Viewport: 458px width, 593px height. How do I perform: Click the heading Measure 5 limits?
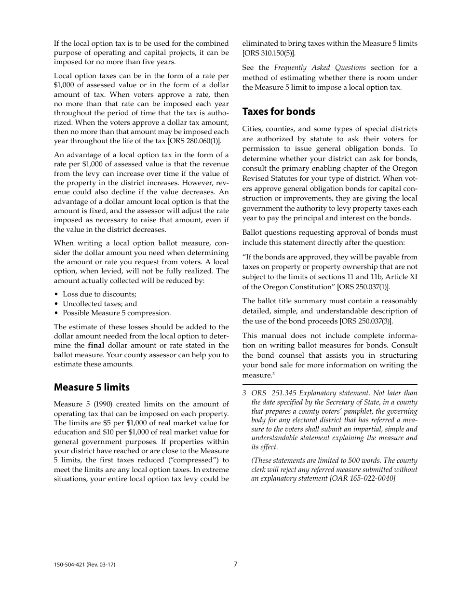92,387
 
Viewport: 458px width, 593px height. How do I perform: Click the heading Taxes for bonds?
279,111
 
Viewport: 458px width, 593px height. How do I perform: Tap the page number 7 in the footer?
236,564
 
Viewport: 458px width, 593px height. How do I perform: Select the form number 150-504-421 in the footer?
69,565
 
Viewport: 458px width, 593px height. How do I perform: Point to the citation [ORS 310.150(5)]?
269,53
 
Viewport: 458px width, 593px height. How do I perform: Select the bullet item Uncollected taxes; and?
100,304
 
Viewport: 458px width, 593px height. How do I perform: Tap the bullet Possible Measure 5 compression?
117,313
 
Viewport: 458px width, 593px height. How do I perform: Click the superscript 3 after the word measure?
273,374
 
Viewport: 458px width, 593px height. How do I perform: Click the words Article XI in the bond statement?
402,277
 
